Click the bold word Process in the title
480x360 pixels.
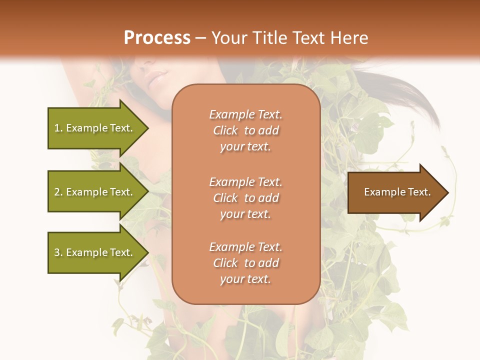point(157,38)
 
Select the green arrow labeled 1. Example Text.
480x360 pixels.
point(95,128)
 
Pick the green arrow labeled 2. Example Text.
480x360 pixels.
point(95,192)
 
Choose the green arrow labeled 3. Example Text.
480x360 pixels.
point(95,252)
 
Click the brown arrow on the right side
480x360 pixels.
point(395,192)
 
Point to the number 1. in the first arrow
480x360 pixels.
point(58,128)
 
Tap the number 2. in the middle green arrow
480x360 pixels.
point(58,192)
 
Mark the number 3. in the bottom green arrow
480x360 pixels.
point(58,253)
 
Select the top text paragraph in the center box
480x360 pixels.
point(245,130)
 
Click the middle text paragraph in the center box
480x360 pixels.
point(245,198)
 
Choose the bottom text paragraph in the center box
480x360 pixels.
point(245,263)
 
